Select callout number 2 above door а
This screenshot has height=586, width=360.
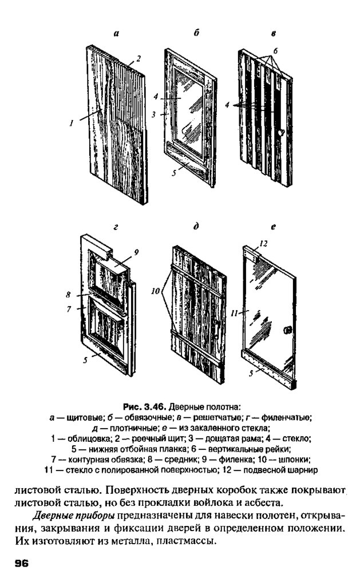pyautogui.click(x=139, y=58)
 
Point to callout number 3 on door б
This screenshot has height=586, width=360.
pyautogui.click(x=155, y=114)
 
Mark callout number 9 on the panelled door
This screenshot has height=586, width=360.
pyautogui.click(x=136, y=252)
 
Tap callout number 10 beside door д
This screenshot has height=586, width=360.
pyautogui.click(x=155, y=291)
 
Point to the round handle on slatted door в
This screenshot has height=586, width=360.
pyautogui.click(x=280, y=132)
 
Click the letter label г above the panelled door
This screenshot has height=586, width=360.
pyautogui.click(x=116, y=227)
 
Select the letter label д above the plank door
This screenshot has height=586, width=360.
pyautogui.click(x=196, y=227)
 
